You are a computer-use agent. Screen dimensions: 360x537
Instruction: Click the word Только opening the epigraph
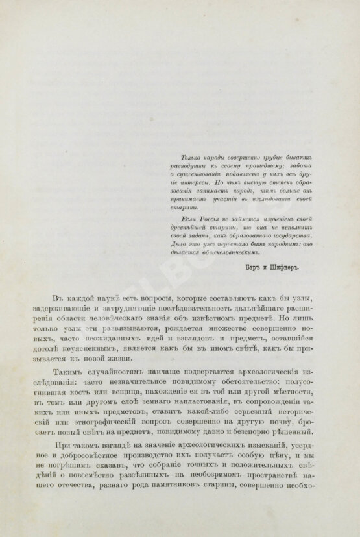[x=173, y=158]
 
